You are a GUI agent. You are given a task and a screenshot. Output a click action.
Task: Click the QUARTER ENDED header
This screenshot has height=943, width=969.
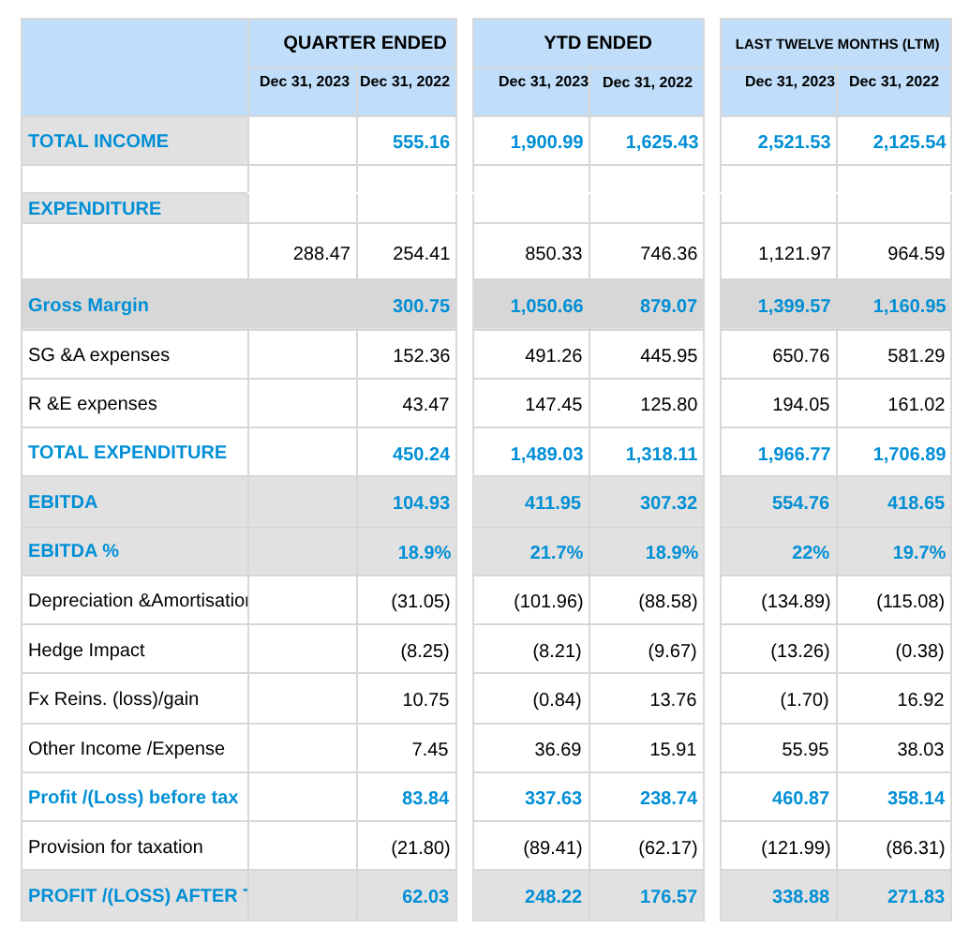coord(365,42)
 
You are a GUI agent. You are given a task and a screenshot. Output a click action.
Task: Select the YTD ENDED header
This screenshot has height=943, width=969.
coord(598,42)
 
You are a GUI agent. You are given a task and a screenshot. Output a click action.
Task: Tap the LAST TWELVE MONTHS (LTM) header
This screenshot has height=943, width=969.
coord(837,44)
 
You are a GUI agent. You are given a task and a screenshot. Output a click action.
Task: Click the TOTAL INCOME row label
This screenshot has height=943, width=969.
coord(98,141)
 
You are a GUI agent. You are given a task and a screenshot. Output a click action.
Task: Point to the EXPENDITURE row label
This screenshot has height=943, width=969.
coord(95,208)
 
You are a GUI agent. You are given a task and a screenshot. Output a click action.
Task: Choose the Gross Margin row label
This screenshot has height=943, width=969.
coord(88,306)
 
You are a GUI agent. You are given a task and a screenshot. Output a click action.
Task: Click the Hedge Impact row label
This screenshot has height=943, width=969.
coord(86,651)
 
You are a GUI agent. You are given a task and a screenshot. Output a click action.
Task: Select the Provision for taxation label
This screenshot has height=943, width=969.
coord(115,846)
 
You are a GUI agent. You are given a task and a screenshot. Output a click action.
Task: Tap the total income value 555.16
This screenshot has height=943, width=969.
coord(421,142)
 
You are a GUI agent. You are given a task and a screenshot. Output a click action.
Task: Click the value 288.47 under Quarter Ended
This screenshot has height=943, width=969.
coord(321,253)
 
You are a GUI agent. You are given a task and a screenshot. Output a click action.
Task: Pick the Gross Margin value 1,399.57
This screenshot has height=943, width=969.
coord(794,306)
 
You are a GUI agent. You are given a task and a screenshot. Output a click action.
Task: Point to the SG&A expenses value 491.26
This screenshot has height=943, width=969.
coord(553,355)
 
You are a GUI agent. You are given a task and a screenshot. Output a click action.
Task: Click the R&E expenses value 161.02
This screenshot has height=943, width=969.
coord(916,404)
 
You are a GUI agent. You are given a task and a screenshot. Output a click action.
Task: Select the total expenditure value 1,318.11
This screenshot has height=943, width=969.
coord(662,455)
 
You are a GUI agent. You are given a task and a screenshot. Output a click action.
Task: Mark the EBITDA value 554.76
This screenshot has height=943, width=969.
coord(800,503)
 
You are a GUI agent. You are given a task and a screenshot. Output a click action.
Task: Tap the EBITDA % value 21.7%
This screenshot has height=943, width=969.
coord(556,552)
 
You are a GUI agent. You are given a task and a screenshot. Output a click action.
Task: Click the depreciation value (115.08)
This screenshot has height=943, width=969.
coord(910,601)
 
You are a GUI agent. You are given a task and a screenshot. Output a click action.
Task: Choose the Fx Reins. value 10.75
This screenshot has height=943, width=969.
coord(425,699)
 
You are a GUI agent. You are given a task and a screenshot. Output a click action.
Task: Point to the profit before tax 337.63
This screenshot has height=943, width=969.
coord(553,799)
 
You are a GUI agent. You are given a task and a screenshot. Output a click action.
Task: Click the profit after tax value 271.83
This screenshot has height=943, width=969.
coord(916,897)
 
